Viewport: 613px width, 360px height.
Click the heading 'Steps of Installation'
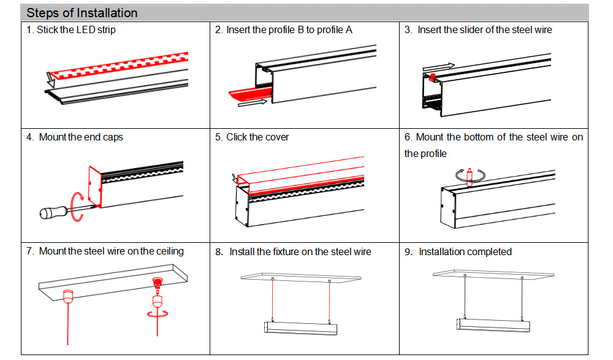point(82,13)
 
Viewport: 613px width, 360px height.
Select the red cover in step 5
point(300,178)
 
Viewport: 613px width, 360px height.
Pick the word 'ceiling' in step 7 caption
point(166,251)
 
